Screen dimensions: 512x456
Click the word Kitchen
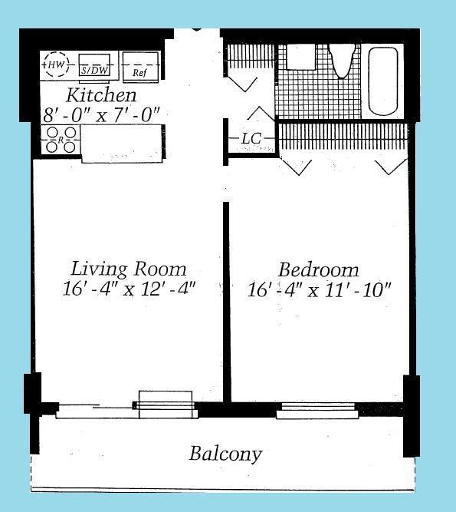click(x=102, y=95)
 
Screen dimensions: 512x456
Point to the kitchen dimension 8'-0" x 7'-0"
click(x=102, y=114)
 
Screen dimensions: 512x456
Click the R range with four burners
click(x=61, y=140)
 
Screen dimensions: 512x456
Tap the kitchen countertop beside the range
click(x=122, y=143)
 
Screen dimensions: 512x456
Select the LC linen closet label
click(x=251, y=139)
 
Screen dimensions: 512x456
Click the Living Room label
click(x=129, y=269)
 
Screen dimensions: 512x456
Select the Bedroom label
click(x=318, y=270)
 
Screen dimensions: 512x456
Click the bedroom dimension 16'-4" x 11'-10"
click(x=320, y=290)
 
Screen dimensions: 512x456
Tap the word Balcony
click(x=225, y=454)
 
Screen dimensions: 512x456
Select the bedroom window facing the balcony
click(x=317, y=411)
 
